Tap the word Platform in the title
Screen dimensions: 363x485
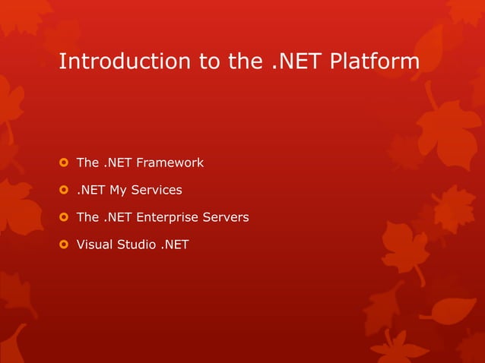coord(375,62)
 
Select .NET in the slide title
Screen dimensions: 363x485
coord(298,62)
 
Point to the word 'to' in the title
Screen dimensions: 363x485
coord(210,62)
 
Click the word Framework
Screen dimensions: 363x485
coord(170,163)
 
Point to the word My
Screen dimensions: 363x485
coord(118,190)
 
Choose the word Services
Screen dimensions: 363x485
coord(157,190)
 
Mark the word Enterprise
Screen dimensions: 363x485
coord(166,217)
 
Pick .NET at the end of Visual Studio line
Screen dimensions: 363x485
coord(175,245)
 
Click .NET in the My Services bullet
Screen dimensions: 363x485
coord(90,190)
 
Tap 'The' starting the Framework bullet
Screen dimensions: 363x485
coord(87,163)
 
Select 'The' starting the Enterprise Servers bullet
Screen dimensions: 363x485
coord(87,217)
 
